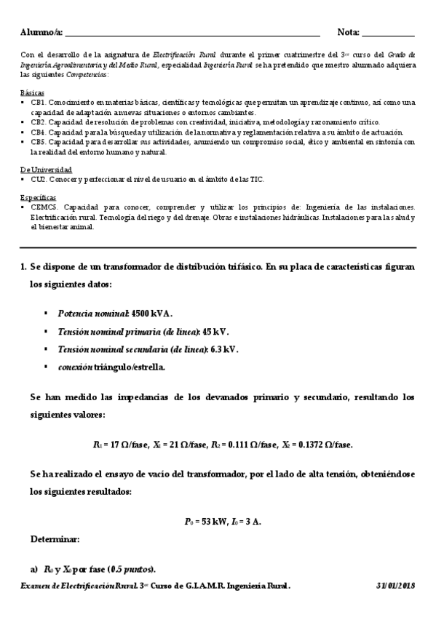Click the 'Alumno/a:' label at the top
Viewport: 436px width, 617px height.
click(42, 33)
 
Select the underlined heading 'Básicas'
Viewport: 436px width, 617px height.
click(33, 93)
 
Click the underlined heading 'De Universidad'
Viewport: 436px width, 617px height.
click(45, 170)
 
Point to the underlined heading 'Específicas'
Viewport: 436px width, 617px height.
click(38, 197)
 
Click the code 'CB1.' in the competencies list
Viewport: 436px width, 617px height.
click(38, 103)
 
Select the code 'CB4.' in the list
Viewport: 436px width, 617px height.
click(38, 133)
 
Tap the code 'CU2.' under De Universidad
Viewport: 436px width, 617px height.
click(38, 179)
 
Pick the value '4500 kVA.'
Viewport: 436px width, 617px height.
click(153, 314)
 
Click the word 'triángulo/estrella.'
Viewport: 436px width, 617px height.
click(130, 367)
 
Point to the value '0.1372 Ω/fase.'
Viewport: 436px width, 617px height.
click(325, 445)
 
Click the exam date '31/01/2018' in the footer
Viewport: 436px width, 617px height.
click(395, 586)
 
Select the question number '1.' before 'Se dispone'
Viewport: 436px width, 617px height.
click(23, 267)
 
